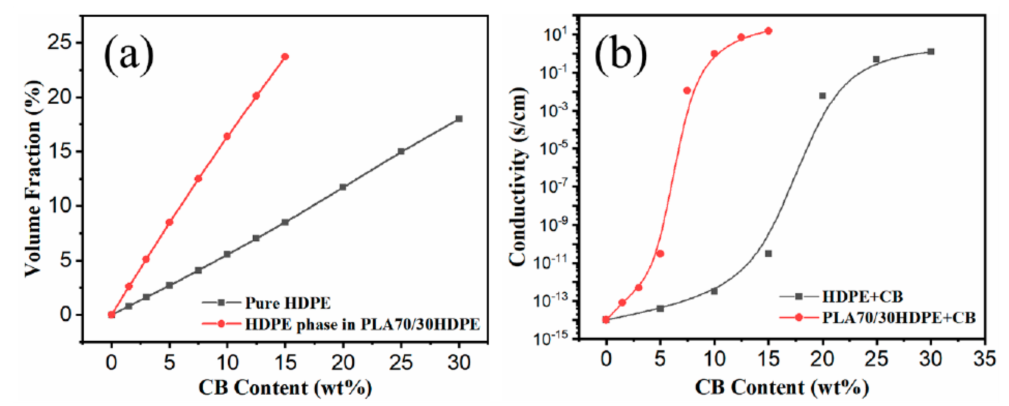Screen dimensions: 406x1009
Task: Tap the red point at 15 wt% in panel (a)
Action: click(x=285, y=57)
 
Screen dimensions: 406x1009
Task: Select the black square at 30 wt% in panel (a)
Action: click(x=459, y=119)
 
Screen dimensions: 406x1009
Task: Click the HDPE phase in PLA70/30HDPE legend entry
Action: click(x=362, y=324)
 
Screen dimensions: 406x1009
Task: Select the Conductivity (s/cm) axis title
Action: click(x=518, y=176)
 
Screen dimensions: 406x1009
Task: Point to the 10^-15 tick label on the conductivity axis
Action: click(x=550, y=339)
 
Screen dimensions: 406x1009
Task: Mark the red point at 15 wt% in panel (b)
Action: click(x=768, y=31)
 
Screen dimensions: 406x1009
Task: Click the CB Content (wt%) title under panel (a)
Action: click(x=285, y=388)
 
